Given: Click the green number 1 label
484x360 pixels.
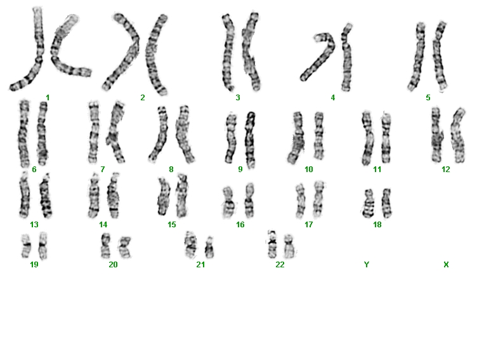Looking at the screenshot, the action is coord(48,98).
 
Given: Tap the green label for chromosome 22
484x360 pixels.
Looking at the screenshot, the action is coord(280,265).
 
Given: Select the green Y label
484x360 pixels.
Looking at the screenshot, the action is coord(367,265).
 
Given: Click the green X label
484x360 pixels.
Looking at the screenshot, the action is coord(446,265).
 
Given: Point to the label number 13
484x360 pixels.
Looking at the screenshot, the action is coord(34,224).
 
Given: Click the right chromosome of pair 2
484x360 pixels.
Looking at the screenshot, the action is coord(154,54).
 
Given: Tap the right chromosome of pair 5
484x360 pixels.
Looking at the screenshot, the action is coord(440,56).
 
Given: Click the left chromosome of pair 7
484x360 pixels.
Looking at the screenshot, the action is coord(93,132).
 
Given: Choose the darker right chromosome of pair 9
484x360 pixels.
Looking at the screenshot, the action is coord(251,140).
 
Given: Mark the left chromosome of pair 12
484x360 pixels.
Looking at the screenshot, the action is coord(436,135).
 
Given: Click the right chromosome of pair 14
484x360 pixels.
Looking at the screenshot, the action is coord(114,196).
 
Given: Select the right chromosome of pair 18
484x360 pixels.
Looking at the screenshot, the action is coord(386,203).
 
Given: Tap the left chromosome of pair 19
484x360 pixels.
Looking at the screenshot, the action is coord(26,246).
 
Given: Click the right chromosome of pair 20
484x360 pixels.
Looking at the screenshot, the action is coord(124,247).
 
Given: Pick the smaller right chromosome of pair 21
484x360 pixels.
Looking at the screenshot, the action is coord(209,247).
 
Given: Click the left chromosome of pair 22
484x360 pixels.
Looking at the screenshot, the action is coord(272,244).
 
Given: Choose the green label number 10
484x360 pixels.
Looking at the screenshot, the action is coord(309,170).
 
